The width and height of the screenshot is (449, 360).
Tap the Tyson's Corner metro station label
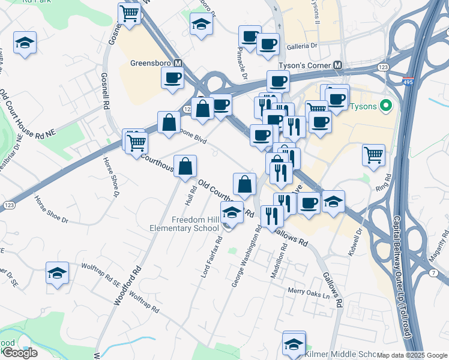(306, 65)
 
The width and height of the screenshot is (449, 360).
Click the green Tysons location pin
(386, 107)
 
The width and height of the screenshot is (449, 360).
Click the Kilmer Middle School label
(343, 354)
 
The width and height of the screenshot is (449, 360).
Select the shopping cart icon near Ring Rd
(373, 155)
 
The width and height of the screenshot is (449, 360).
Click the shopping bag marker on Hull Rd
(185, 166)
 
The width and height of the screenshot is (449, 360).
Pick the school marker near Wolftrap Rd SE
(57, 273)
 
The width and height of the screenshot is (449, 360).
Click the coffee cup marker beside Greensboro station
(173, 78)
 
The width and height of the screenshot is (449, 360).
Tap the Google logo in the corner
(20, 353)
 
